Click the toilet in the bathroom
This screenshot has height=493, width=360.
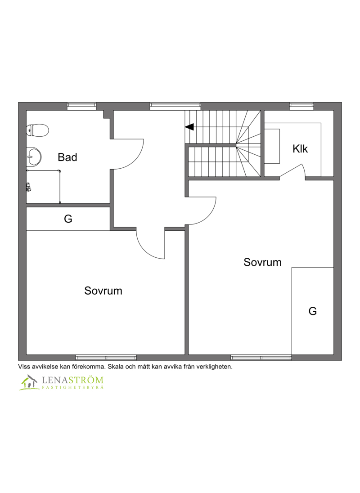tap(37, 130)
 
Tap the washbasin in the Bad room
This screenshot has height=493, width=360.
tap(34, 156)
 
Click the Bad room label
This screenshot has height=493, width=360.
tap(67, 157)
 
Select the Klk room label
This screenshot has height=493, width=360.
tap(300, 149)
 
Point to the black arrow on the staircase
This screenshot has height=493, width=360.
tap(189, 127)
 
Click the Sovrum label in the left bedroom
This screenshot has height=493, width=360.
tap(103, 291)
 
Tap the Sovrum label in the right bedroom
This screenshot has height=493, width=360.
tap(262, 262)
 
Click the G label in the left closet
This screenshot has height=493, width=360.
tap(68, 219)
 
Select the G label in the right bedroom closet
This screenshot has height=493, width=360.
tap(312, 311)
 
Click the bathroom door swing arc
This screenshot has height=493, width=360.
tap(137, 160)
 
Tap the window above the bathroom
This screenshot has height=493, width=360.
tap(81, 106)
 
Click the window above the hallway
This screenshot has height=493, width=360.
tap(175, 106)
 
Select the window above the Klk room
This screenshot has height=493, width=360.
tap(301, 106)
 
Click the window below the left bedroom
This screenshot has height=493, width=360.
tap(106, 358)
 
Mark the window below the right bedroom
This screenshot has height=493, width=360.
tap(261, 358)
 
